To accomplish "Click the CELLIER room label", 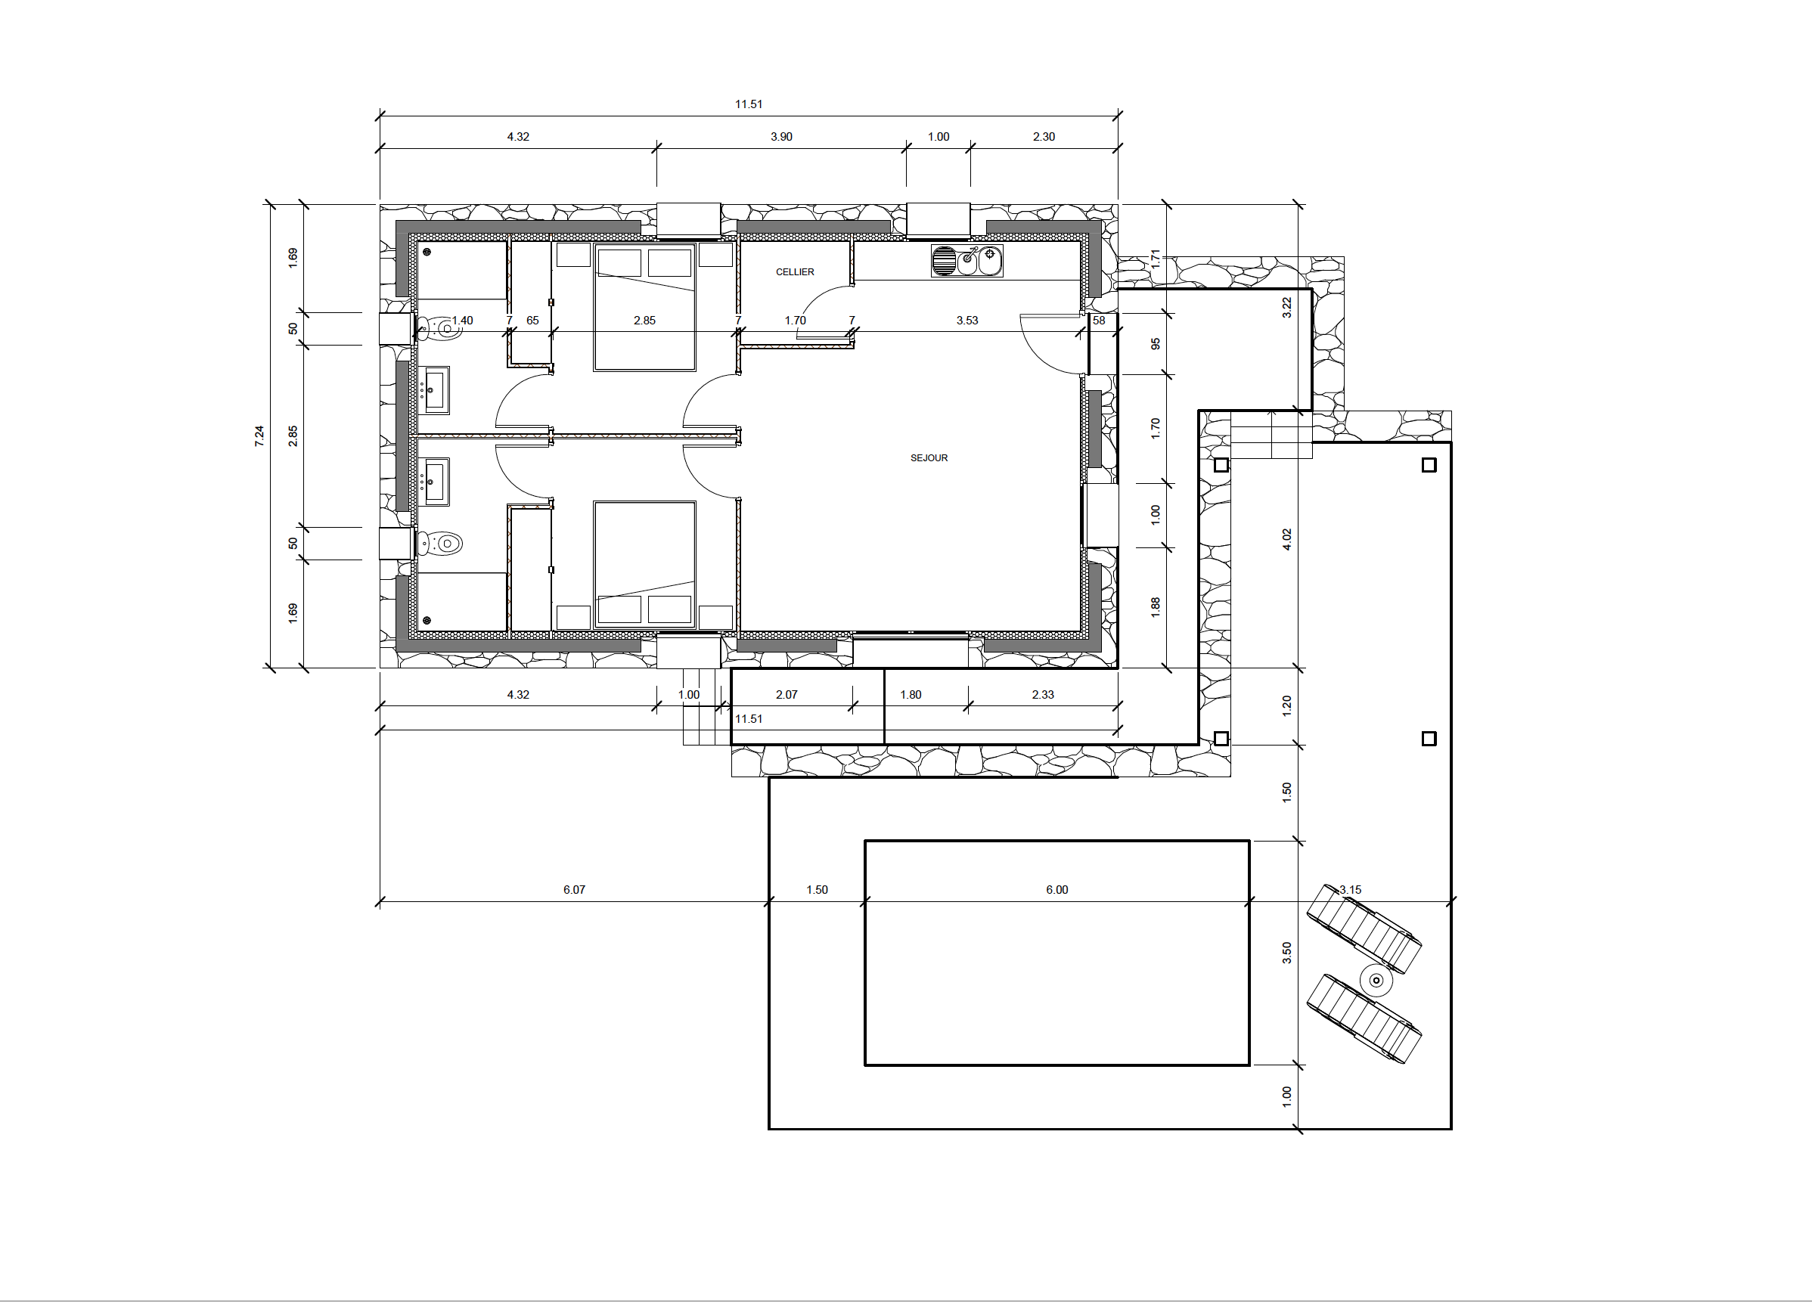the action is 795,272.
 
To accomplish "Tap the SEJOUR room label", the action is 929,458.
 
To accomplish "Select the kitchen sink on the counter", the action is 967,261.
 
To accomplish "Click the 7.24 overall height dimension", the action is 259,436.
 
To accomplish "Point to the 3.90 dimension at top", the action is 781,137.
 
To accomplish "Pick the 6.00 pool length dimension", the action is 1057,890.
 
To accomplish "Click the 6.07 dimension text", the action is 575,890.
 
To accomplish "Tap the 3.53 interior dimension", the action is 967,321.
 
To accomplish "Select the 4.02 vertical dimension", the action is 1286,540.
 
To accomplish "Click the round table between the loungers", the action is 1376,980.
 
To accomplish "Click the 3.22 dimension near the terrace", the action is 1286,308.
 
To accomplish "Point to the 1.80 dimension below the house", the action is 911,695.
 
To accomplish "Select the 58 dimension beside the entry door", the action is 1100,321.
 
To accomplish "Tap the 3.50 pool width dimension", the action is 1286,953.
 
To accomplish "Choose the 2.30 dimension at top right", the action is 1044,137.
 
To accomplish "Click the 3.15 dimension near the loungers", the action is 1350,890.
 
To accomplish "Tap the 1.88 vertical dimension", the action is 1156,607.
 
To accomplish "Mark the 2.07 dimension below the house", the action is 787,695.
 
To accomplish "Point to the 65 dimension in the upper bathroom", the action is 533,321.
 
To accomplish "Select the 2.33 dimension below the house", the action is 1044,695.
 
